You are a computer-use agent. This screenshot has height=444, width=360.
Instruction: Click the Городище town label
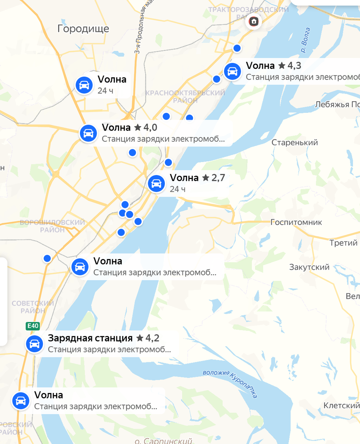point(83,28)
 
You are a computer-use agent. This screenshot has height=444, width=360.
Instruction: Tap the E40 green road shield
point(33,326)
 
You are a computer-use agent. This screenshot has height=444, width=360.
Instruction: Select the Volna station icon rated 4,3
point(232,71)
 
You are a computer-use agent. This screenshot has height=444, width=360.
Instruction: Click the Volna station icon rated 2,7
point(156,184)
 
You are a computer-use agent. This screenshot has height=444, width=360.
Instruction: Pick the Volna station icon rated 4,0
point(88,133)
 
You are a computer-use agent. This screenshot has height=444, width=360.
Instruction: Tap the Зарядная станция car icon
point(34,344)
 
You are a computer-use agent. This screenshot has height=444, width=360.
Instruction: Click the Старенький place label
point(295,142)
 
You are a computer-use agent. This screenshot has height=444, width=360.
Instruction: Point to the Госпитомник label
point(296,222)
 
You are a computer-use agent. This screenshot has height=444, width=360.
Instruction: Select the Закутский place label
point(309,267)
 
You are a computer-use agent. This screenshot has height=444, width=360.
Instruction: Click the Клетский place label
point(341,406)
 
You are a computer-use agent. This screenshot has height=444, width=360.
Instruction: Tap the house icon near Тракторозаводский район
point(254,21)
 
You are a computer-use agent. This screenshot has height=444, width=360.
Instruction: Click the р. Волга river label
point(306,41)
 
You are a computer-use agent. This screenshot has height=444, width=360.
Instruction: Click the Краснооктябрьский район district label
point(185,96)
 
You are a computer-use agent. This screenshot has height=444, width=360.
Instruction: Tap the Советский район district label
point(33,307)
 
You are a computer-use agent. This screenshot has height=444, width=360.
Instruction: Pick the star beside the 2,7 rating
point(206,178)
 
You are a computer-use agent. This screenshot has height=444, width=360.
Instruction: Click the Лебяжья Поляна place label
point(337,105)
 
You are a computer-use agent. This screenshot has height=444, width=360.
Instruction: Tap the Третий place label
point(344,243)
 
